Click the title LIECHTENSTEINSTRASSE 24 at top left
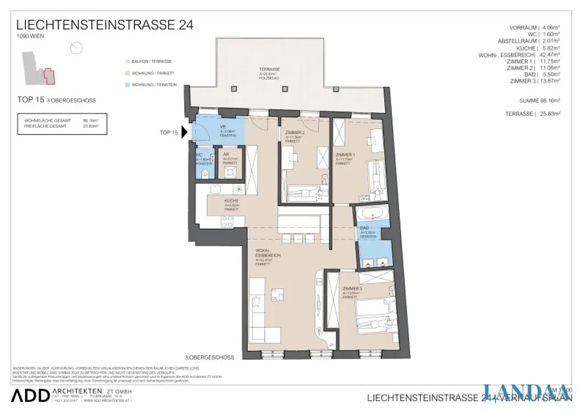(x=105, y=25)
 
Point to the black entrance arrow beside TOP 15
(x=185, y=133)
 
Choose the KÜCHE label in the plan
(x=231, y=201)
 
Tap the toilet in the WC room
(x=206, y=173)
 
